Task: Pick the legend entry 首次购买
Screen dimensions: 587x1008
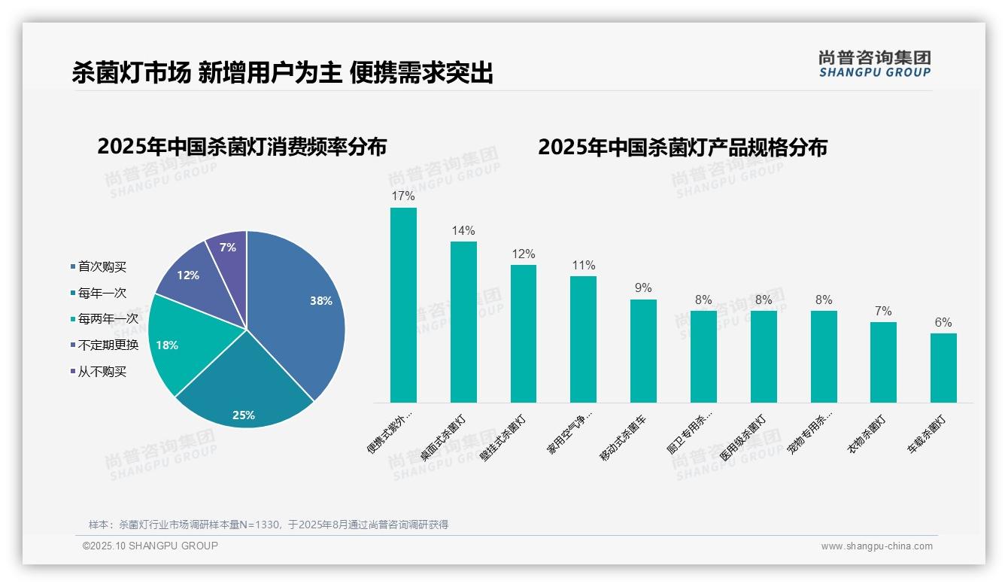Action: click(102, 266)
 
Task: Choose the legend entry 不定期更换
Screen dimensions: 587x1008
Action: click(108, 345)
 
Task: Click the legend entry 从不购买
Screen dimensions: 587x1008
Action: click(102, 372)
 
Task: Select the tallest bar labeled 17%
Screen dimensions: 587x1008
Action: click(403, 305)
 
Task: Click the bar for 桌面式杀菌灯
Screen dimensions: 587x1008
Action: click(463, 322)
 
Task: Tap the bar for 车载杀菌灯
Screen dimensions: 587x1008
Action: click(943, 368)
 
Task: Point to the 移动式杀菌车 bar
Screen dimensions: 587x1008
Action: click(643, 351)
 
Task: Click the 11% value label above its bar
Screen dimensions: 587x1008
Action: click(583, 265)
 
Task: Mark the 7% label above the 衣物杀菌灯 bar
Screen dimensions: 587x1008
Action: click(883, 311)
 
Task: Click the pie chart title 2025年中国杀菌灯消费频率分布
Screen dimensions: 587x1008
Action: click(241, 147)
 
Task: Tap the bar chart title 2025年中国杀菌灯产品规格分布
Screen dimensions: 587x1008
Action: click(682, 147)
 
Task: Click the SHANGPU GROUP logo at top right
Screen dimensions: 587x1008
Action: click(874, 64)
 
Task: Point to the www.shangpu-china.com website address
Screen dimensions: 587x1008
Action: click(876, 546)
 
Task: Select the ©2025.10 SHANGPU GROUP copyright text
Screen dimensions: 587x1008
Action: click(150, 546)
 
